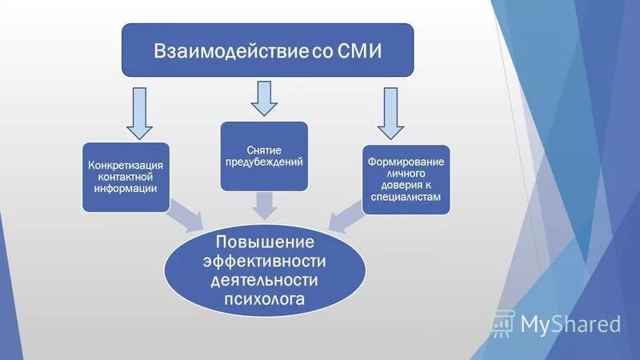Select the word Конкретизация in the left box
[x=126, y=166]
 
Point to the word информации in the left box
[x=126, y=188]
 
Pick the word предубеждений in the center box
[x=264, y=162]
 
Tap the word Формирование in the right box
[x=406, y=162]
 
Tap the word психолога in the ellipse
[x=264, y=300]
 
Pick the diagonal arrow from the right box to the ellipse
[x=346, y=216]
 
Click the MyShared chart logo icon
[x=502, y=323]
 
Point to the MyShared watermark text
[x=570, y=324]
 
